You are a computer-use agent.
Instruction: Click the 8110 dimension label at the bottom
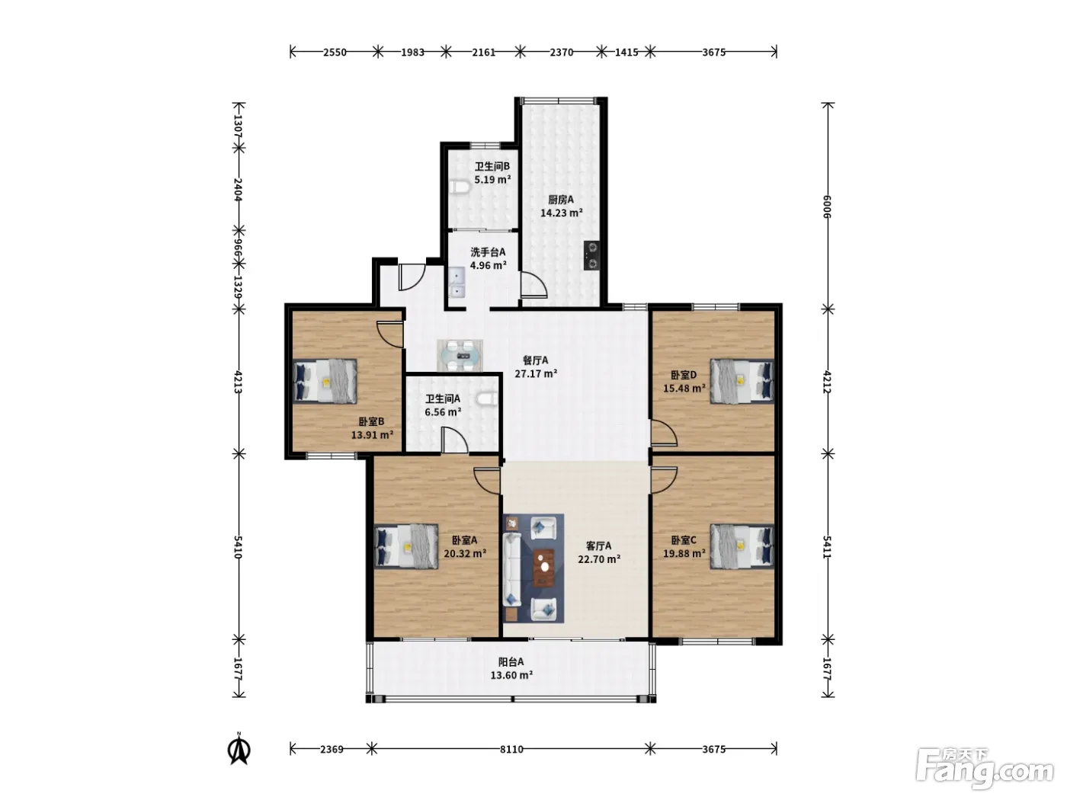[511, 749]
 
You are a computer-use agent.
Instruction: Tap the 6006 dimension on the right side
[827, 206]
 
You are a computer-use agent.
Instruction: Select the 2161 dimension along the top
[483, 52]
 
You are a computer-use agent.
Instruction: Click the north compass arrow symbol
[239, 750]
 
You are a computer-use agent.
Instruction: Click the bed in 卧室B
[325, 381]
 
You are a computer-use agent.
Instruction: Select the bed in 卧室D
[742, 381]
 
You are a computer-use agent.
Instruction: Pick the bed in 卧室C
[742, 546]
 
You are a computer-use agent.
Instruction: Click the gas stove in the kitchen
[591, 255]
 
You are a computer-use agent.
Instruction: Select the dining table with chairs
[460, 355]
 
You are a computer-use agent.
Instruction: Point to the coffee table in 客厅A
[544, 567]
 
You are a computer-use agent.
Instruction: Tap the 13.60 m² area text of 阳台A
[511, 675]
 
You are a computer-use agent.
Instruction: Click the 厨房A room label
[561, 199]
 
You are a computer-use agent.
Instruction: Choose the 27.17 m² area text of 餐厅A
[536, 373]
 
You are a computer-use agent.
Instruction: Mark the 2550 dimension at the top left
[335, 52]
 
